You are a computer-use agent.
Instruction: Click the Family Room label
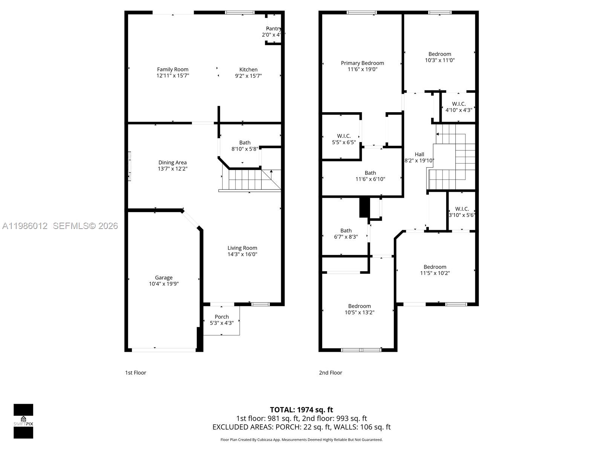point(173,69)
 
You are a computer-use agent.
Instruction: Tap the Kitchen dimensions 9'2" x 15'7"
point(248,76)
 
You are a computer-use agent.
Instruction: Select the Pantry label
point(273,29)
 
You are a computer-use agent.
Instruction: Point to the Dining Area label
point(172,163)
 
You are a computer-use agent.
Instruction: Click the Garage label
point(164,278)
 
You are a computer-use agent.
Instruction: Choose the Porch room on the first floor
point(222,319)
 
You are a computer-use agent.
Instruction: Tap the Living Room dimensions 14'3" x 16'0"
point(242,254)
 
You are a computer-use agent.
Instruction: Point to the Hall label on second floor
point(419,154)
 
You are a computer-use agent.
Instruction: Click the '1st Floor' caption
point(135,373)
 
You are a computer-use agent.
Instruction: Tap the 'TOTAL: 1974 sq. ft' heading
point(301,409)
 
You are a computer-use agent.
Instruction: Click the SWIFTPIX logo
point(23,421)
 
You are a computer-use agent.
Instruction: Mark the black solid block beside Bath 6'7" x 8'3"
point(363,208)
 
